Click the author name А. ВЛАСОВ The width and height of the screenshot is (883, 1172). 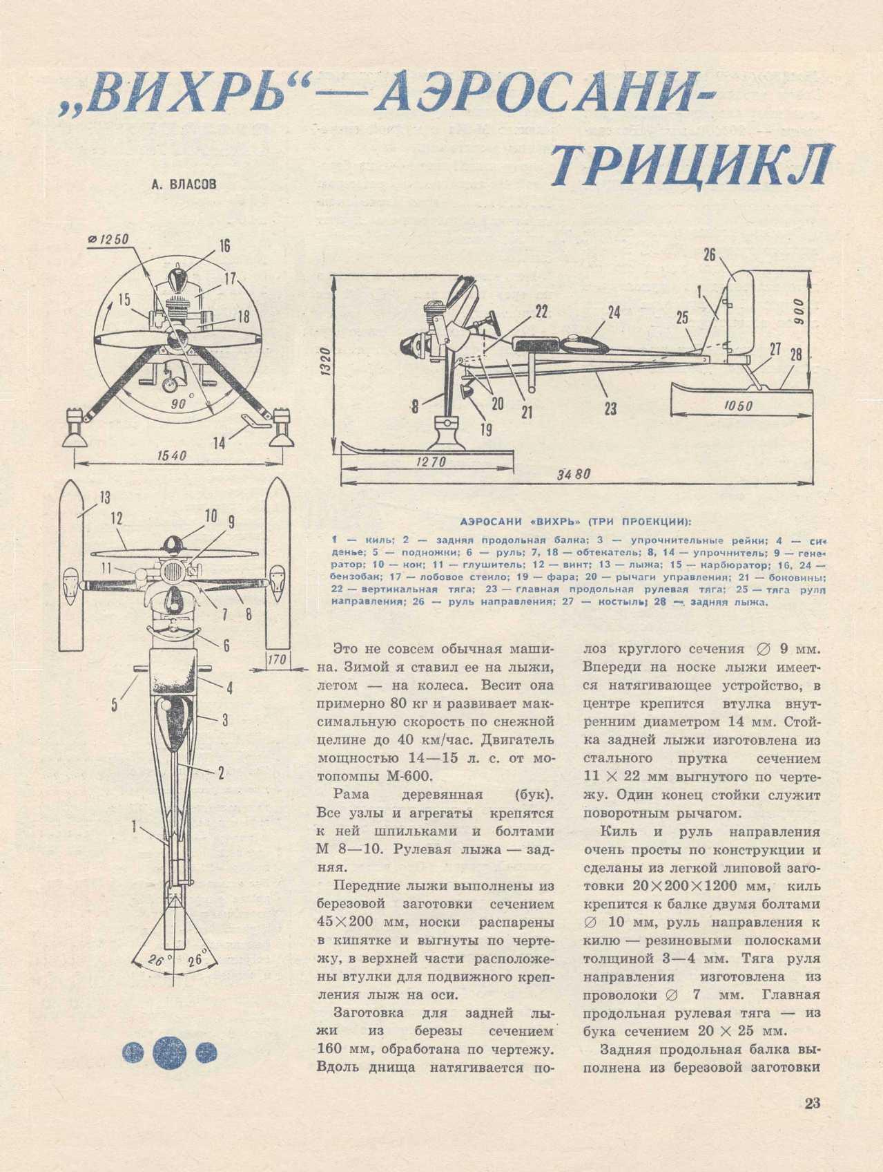click(183, 185)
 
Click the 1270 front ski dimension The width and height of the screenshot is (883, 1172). click(431, 461)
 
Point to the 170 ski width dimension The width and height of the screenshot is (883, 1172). click(277, 661)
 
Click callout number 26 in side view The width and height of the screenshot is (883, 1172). click(710, 254)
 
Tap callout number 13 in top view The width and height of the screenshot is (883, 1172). click(105, 498)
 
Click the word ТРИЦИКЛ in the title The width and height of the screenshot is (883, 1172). click(691, 167)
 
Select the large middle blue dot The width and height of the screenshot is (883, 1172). click(169, 1052)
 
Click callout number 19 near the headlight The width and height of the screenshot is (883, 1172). click(485, 429)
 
